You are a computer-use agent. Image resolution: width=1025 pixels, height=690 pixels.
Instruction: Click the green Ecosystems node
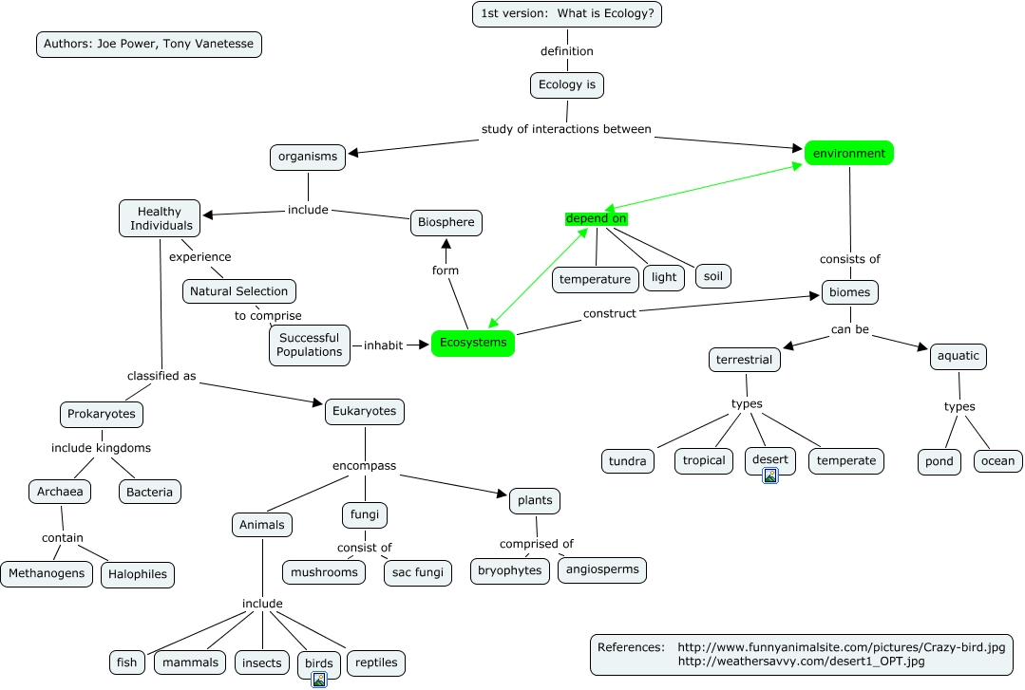pyautogui.click(x=472, y=343)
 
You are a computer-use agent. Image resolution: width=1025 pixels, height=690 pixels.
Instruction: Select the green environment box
pyautogui.click(x=849, y=153)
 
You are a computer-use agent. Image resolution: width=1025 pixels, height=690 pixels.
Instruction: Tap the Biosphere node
pyautogui.click(x=446, y=223)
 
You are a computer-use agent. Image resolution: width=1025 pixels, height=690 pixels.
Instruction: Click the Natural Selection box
pyautogui.click(x=238, y=291)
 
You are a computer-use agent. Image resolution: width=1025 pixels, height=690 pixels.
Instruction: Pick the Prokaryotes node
pyautogui.click(x=102, y=414)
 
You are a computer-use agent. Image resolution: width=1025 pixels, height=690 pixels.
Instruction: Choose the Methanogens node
pyautogui.click(x=47, y=573)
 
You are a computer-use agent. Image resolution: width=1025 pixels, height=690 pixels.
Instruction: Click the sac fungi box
pyautogui.click(x=417, y=573)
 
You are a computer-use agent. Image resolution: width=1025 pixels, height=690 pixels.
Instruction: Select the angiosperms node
pyautogui.click(x=601, y=569)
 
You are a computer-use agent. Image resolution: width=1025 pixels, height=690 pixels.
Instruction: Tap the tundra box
pyautogui.click(x=628, y=461)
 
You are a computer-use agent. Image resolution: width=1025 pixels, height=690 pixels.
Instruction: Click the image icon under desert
pyautogui.click(x=770, y=476)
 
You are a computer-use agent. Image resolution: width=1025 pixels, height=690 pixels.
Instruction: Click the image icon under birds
pyautogui.click(x=319, y=678)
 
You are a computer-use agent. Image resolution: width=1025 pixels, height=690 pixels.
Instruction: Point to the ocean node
pyautogui.click(x=997, y=461)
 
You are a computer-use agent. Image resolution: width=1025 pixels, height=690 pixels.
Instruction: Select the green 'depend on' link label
pyautogui.click(x=596, y=219)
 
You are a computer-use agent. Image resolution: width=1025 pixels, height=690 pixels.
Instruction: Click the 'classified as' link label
pyautogui.click(x=161, y=376)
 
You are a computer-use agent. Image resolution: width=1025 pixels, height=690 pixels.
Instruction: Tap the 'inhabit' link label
pyautogui.click(x=383, y=345)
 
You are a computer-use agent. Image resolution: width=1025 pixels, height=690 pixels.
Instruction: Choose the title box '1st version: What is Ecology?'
pyautogui.click(x=567, y=14)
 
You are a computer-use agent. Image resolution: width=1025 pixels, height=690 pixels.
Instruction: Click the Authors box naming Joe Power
pyautogui.click(x=148, y=44)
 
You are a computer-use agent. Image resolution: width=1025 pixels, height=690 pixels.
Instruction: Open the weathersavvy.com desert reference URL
pyautogui.click(x=801, y=662)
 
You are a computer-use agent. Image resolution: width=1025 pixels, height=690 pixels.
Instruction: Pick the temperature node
pyautogui.click(x=595, y=279)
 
